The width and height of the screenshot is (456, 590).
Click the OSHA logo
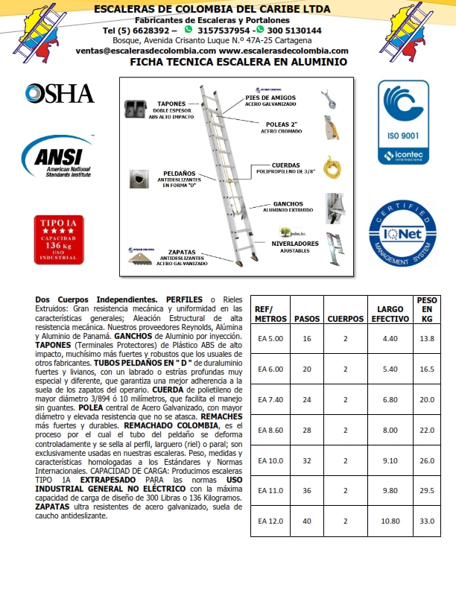60,94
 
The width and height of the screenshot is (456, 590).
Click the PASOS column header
307,318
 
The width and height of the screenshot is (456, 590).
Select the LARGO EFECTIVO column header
390,313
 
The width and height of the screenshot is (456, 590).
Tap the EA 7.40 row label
270,400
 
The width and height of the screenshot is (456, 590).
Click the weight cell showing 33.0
427,521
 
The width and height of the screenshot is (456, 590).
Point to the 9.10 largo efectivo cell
390,460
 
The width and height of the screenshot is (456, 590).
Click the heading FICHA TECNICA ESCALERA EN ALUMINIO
238,63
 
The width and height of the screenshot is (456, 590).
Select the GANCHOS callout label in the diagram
288,206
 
